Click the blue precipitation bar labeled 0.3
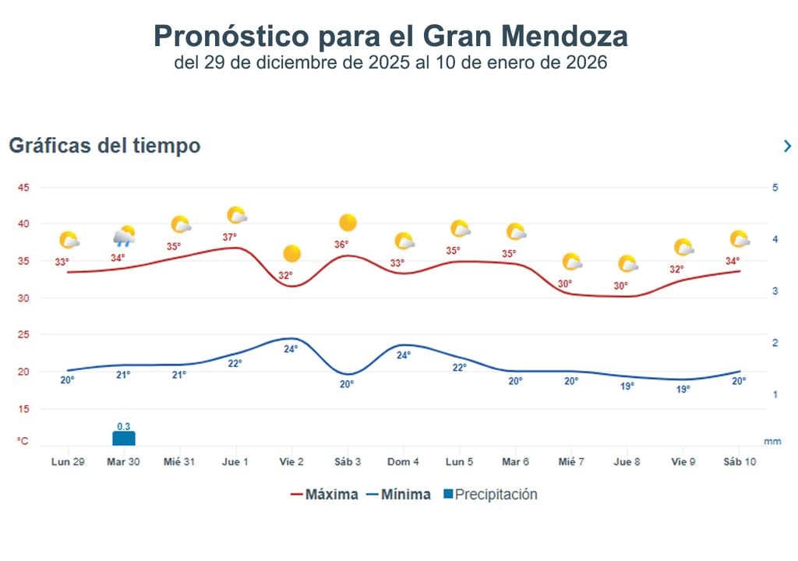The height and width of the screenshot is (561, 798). coord(123,438)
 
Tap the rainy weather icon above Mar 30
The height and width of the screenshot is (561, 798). coord(124,236)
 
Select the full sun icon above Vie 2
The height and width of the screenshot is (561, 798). coord(292,253)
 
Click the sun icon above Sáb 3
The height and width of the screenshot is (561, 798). coord(348,223)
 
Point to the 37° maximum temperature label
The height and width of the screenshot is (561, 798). coord(229,237)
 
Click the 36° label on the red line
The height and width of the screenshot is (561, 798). coord(341,245)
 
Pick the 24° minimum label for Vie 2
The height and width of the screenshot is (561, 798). coord(291,349)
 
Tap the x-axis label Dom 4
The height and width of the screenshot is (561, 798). coord(403,462)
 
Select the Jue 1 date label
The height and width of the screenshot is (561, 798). coord(235,462)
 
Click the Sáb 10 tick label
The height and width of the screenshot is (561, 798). coord(739,462)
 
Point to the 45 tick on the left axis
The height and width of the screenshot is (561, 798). coord(23,188)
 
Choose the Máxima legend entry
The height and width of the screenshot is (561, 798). coord(324,495)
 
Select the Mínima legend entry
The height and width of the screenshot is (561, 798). coord(398,495)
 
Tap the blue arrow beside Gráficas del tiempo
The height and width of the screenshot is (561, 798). coord(787,146)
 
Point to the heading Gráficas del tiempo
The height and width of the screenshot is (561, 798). coord(104,146)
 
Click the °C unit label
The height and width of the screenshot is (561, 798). coord(23,441)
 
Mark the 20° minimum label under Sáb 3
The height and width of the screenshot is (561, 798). coord(346,384)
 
